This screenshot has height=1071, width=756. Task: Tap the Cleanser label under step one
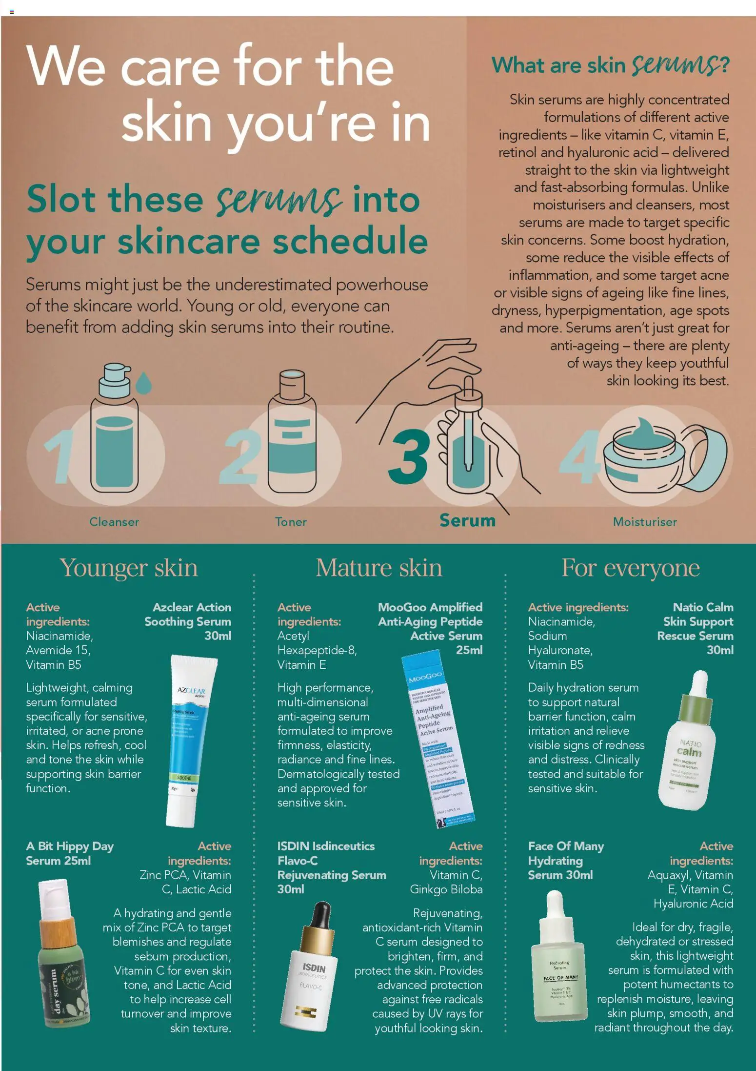114,522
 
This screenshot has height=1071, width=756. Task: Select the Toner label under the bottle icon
291,522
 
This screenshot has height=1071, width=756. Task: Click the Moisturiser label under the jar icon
644,522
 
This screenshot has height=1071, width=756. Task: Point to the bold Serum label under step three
467,520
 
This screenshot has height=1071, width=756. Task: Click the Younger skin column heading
129,568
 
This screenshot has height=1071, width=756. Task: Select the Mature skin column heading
378,568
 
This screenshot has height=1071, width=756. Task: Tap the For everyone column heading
630,568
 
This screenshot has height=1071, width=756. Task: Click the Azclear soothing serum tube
188,740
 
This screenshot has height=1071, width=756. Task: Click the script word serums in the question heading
680,65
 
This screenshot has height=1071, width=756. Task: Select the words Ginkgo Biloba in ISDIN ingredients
446,889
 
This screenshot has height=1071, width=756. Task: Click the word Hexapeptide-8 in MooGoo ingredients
317,650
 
